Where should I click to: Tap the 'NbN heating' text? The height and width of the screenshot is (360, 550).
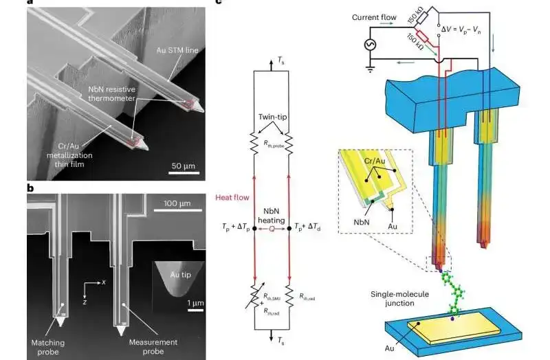274,216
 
